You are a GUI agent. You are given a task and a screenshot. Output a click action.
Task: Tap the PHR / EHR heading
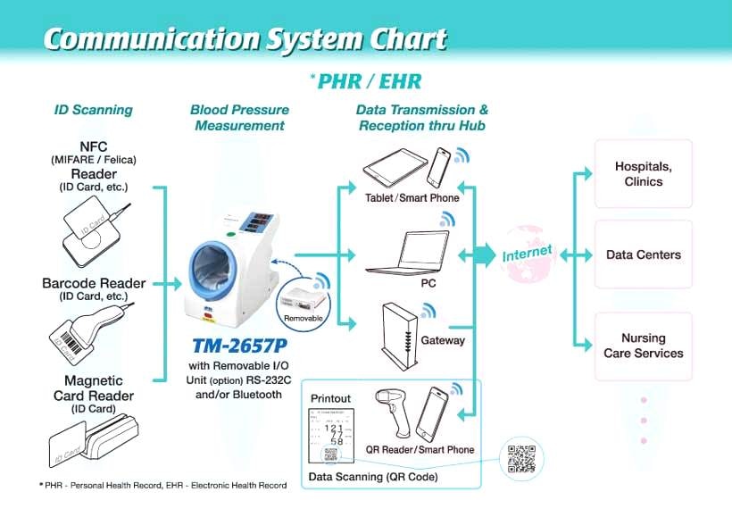(x=367, y=81)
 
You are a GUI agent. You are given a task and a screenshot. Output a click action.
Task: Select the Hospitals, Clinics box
(x=643, y=174)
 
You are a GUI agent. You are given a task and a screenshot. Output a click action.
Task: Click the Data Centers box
(x=643, y=254)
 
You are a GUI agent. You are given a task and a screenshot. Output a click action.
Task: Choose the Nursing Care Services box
(x=643, y=346)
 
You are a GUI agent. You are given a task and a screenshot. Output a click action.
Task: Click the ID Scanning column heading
(x=94, y=110)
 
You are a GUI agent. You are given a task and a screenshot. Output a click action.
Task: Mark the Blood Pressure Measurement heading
(x=239, y=118)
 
